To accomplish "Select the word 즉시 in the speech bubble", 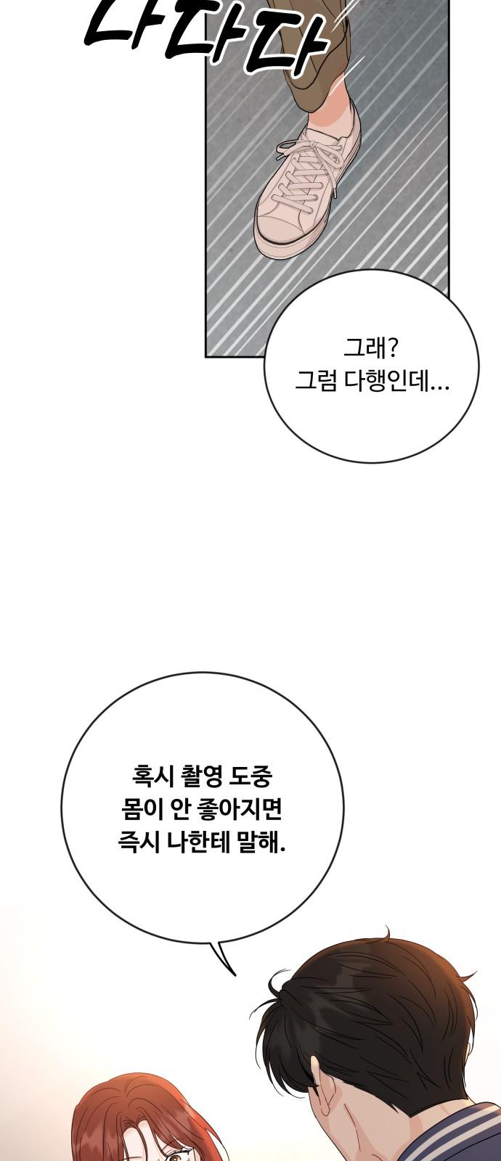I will [135, 843].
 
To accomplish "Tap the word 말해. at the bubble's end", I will [258, 843].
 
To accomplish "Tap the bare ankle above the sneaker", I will [338, 116].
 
